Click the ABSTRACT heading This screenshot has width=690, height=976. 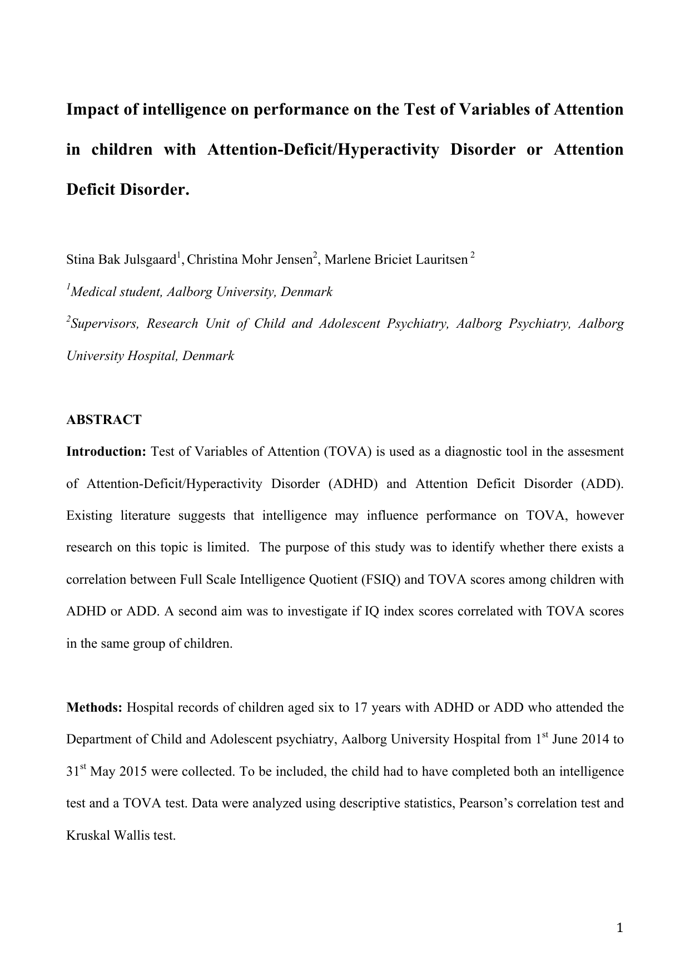coord(104,420)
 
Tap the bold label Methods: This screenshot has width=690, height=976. coord(95,708)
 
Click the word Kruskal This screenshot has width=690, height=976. coord(86,836)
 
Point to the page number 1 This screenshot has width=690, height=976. coord(620,928)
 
